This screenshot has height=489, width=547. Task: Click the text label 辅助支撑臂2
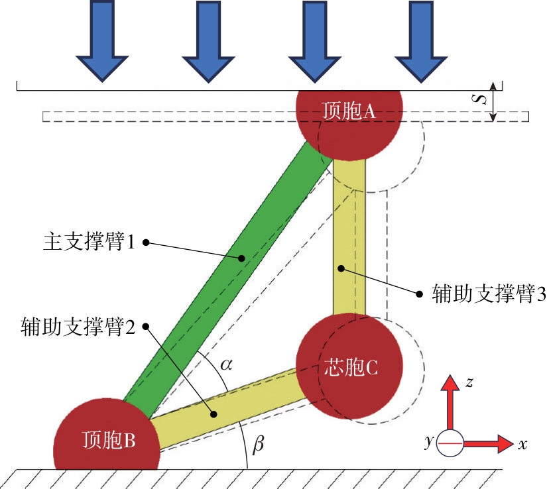(77, 326)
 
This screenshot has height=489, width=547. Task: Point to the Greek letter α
(225, 364)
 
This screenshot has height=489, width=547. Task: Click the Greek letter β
(258, 445)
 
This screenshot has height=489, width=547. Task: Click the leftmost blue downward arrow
(101, 40)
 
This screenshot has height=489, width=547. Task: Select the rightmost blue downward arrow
(418, 40)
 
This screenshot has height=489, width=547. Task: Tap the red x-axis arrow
(491, 443)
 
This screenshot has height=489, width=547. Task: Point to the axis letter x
(523, 445)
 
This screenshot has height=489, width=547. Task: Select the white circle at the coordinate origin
(451, 443)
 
